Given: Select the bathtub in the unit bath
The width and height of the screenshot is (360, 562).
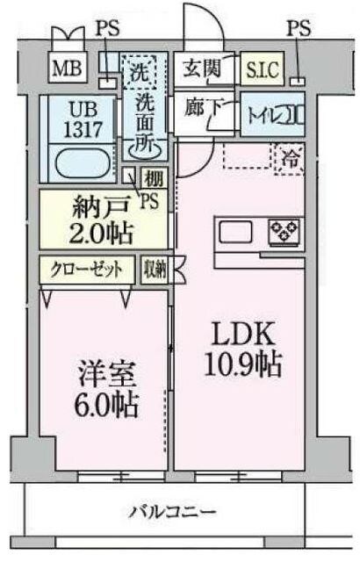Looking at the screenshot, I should click(x=80, y=162).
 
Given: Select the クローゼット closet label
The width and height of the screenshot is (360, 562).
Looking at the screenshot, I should click(x=85, y=269).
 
